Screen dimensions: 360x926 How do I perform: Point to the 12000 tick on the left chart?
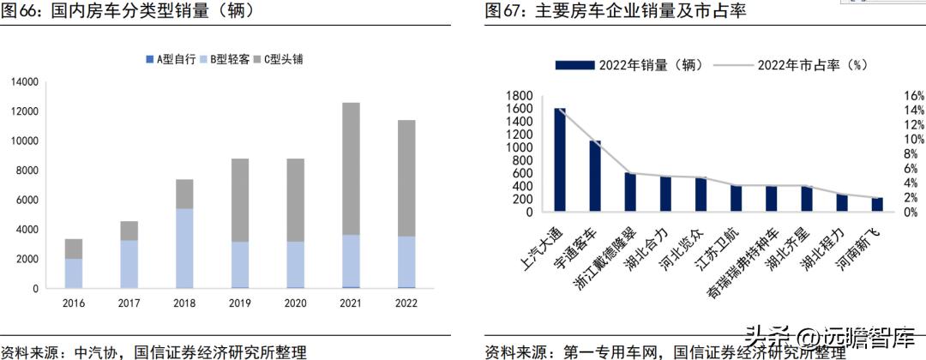pos(24,111)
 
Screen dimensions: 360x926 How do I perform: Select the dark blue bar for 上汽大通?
pos(560,159)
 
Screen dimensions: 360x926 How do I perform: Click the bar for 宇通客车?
pos(595,176)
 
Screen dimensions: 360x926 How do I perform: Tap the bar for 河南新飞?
pos(876,204)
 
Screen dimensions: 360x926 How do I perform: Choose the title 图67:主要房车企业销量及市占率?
pos(615,12)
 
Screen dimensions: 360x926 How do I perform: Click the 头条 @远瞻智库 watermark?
pos(830,336)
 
